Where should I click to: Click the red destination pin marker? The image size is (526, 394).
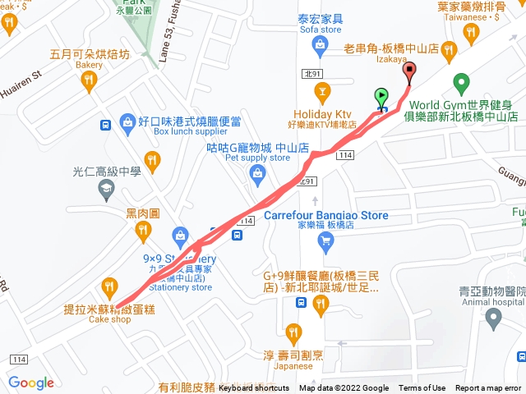click(410, 72)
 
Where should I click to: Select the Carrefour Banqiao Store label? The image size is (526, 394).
click(325, 216)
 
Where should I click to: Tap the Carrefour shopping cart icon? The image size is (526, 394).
click(327, 240)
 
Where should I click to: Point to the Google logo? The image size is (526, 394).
click(31, 383)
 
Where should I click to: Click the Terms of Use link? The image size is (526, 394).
click(422, 388)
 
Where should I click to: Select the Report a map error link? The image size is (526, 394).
click(488, 388)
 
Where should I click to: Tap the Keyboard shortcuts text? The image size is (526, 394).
click(253, 388)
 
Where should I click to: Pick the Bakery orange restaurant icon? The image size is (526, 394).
click(90, 81)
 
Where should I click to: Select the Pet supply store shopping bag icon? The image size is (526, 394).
click(258, 172)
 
